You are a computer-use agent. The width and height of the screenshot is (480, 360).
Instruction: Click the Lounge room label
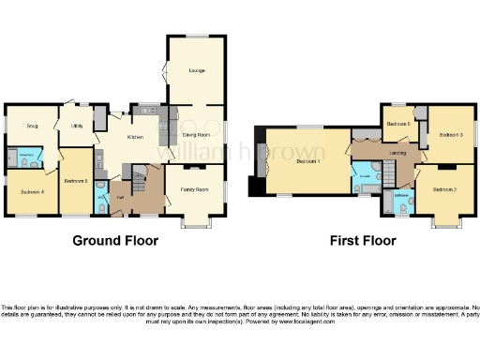pyautogui.click(x=197, y=70)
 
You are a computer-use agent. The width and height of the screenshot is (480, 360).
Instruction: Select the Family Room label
pyautogui.click(x=195, y=190)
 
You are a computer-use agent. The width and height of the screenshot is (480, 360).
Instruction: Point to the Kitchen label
pyautogui.click(x=135, y=138)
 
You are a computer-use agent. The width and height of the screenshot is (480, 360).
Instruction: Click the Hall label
pyautogui.click(x=120, y=198)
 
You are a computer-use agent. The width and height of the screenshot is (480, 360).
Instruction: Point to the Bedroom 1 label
pyautogui.click(x=309, y=161)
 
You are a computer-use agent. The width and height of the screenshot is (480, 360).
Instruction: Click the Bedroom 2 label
pyautogui.click(x=444, y=190)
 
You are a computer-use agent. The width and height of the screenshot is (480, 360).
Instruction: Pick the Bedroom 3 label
pyautogui.click(x=452, y=135)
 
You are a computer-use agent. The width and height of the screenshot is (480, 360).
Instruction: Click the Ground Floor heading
pyautogui.click(x=115, y=241)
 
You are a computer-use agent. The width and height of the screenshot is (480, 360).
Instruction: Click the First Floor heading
pyautogui.click(x=363, y=241)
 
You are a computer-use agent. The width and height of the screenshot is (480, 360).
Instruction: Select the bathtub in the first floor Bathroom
pyautogui.click(x=391, y=201)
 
